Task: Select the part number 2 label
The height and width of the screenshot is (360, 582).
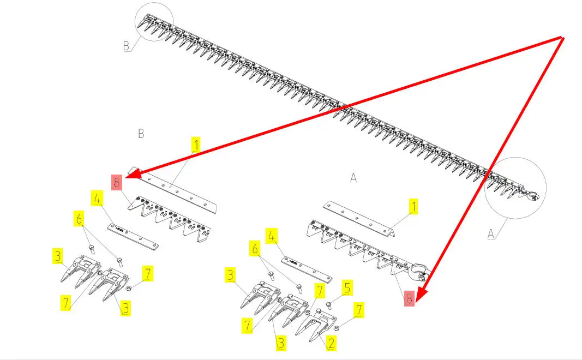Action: tap(331, 343)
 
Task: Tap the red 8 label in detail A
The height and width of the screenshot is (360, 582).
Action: tap(409, 298)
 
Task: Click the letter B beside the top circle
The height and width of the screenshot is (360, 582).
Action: tap(127, 46)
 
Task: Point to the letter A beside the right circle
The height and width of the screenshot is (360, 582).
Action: tap(491, 233)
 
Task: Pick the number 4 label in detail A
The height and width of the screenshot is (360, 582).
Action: tap(271, 236)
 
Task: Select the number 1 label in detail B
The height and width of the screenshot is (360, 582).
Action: tap(195, 145)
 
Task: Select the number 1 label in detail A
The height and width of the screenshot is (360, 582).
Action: tap(414, 207)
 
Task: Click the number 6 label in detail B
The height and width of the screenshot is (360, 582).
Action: tap(80, 219)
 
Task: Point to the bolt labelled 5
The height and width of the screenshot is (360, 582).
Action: tap(329, 304)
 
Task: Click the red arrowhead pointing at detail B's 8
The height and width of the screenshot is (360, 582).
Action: tap(131, 176)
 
